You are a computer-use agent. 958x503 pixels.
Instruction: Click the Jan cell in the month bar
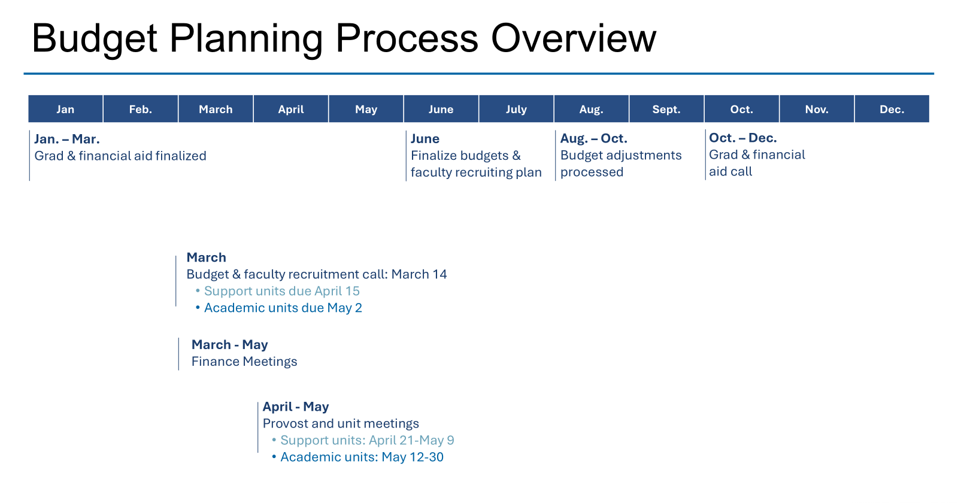click(x=65, y=109)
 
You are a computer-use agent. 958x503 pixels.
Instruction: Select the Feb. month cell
click(x=141, y=109)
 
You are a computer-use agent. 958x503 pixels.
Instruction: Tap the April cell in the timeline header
click(x=291, y=109)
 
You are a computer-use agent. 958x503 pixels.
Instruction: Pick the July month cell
click(x=516, y=109)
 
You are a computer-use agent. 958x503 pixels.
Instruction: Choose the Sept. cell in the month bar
click(x=666, y=109)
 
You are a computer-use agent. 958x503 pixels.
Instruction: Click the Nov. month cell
click(x=817, y=109)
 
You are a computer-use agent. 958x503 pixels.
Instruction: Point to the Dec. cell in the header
click(x=892, y=109)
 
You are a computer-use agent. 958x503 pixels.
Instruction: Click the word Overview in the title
click(x=574, y=38)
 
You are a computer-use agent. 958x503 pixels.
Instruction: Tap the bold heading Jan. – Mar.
click(x=67, y=139)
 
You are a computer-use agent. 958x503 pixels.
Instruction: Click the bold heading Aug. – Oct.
click(x=593, y=138)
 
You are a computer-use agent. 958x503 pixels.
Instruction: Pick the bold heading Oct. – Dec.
click(x=743, y=138)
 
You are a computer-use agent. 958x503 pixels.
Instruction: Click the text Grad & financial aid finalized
click(x=120, y=156)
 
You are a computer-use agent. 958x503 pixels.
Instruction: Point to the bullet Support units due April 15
click(x=278, y=291)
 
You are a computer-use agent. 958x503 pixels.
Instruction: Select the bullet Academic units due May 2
click(x=279, y=308)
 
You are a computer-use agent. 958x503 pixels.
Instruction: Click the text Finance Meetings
click(x=244, y=362)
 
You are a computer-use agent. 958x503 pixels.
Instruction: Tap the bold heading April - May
click(x=296, y=407)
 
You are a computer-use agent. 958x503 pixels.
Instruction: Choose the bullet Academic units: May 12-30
click(x=357, y=457)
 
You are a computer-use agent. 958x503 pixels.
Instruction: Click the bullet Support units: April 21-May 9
click(x=363, y=440)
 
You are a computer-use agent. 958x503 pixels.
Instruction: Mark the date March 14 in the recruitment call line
click(x=419, y=274)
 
